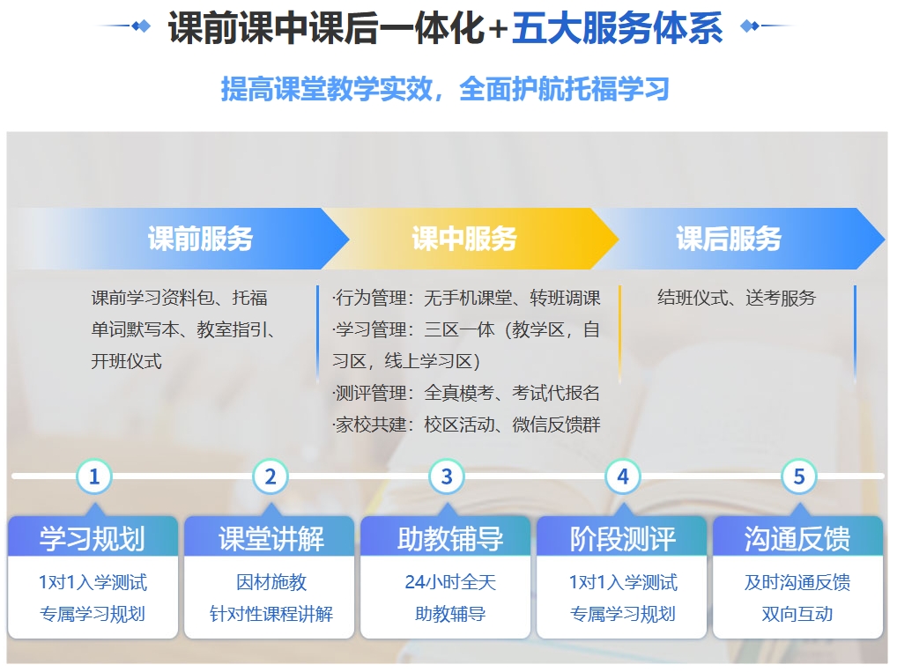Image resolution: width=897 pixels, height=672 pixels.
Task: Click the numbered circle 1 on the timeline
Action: [94, 476]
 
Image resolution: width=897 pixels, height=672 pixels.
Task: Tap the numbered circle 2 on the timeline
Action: [271, 476]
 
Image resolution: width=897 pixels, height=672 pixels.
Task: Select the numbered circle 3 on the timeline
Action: [447, 476]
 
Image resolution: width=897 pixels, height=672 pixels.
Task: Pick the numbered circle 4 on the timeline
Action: [623, 476]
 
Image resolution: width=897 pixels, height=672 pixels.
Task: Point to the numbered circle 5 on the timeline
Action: [799, 476]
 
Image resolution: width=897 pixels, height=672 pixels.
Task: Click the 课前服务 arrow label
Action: [200, 239]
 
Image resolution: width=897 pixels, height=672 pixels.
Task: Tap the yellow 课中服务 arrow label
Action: [464, 239]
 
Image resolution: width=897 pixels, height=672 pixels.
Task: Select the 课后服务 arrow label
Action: [729, 239]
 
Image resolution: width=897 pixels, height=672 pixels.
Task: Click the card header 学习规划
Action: [93, 538]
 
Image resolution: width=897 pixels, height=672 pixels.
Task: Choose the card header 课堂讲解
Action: [271, 538]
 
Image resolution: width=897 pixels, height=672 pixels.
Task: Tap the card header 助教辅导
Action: [450, 538]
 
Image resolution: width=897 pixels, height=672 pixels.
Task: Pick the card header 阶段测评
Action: [623, 538]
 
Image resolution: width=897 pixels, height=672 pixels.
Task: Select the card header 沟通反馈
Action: [797, 538]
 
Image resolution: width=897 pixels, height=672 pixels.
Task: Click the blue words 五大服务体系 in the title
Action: [618, 27]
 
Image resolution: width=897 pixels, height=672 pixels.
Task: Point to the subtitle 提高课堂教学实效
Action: [327, 89]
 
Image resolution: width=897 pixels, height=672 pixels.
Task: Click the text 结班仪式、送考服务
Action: [737, 298]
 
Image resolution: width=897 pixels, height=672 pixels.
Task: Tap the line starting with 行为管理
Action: [466, 298]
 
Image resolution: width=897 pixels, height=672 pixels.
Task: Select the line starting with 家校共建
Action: [466, 425]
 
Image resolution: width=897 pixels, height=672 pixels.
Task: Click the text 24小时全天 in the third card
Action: [450, 581]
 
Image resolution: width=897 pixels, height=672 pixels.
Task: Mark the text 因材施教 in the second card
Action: [271, 581]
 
